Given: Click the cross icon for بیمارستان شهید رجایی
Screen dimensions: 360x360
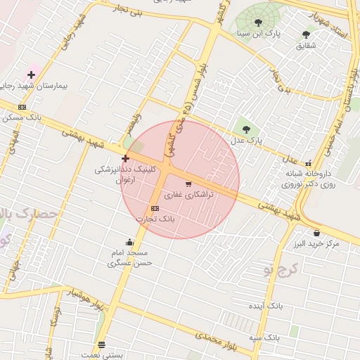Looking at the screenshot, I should point(31,74).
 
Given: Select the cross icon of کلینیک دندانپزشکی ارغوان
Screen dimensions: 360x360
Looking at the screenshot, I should point(125,158).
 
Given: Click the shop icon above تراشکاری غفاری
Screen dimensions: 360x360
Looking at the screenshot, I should point(188,184).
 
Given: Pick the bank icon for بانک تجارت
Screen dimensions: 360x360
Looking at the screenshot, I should point(155,209).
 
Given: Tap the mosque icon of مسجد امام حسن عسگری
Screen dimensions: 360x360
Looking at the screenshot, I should point(129,243).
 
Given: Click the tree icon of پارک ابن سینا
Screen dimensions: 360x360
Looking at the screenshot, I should point(260,21).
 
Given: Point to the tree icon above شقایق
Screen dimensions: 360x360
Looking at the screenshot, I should point(306,34).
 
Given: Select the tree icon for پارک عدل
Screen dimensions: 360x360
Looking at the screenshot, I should point(245,129).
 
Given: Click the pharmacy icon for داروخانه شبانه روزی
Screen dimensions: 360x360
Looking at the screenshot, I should point(308,162).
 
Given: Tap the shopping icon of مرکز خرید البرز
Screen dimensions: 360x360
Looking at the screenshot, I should point(316,233).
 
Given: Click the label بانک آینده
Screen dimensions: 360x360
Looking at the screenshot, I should point(266,307).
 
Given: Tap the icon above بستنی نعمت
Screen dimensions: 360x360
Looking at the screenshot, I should point(102,345).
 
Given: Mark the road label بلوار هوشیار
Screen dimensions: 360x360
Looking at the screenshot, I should point(77,296).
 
